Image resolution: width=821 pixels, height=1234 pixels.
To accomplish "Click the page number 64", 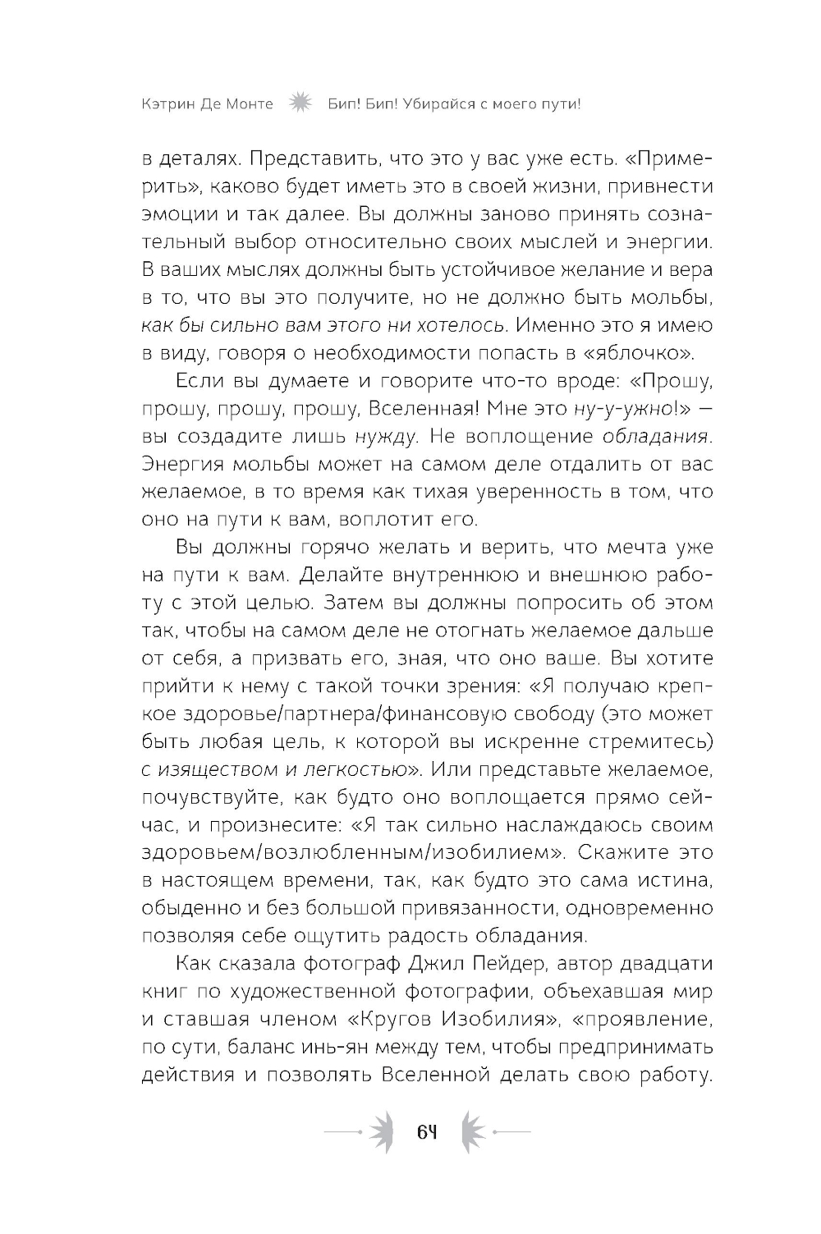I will point(425,1133).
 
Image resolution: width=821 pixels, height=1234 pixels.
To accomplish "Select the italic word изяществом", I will point(213,770).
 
